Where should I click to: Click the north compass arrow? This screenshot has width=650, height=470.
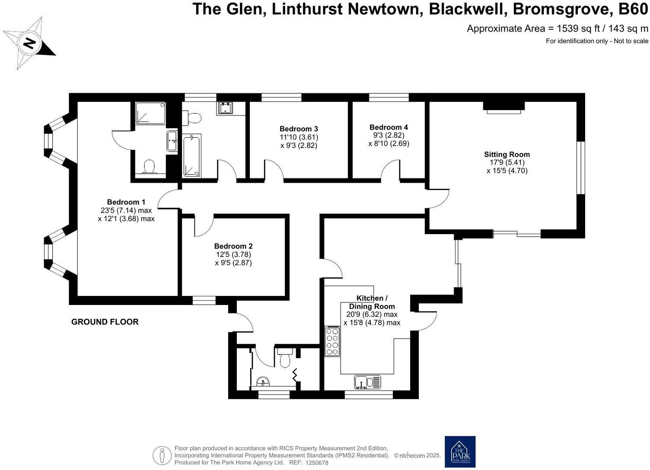[x=29, y=43]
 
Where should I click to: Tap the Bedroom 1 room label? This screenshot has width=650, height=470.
[x=126, y=202]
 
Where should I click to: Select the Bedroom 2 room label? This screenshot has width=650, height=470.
[x=233, y=246]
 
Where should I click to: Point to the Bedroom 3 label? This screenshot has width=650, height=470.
[x=299, y=129]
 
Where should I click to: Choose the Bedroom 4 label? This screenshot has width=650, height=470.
[x=389, y=127]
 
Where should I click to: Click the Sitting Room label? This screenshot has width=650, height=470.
[x=507, y=154]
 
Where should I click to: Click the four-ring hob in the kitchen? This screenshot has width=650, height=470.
[x=332, y=341]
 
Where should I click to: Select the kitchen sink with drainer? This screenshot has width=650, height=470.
[x=368, y=382]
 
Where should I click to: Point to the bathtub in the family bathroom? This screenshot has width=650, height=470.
[x=192, y=156]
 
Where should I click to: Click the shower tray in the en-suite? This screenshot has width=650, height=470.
[x=150, y=113]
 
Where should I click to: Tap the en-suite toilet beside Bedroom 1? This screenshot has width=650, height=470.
[x=149, y=166]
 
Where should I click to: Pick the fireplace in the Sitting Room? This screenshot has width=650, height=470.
[x=504, y=107]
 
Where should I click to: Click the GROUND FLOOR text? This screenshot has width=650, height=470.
[x=105, y=322]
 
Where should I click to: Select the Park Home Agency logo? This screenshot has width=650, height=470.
[x=460, y=452]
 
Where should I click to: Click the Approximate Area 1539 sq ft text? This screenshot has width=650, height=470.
[x=558, y=29]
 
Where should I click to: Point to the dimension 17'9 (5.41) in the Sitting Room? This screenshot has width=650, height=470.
[x=507, y=162]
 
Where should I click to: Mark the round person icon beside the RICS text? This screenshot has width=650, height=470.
[x=162, y=455]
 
